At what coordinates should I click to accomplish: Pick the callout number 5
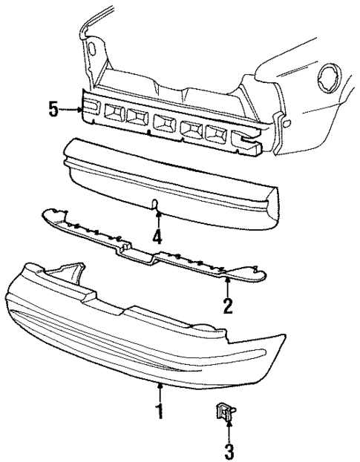pyautogui.click(x=53, y=110)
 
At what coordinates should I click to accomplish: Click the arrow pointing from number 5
pyautogui.click(x=72, y=110)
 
